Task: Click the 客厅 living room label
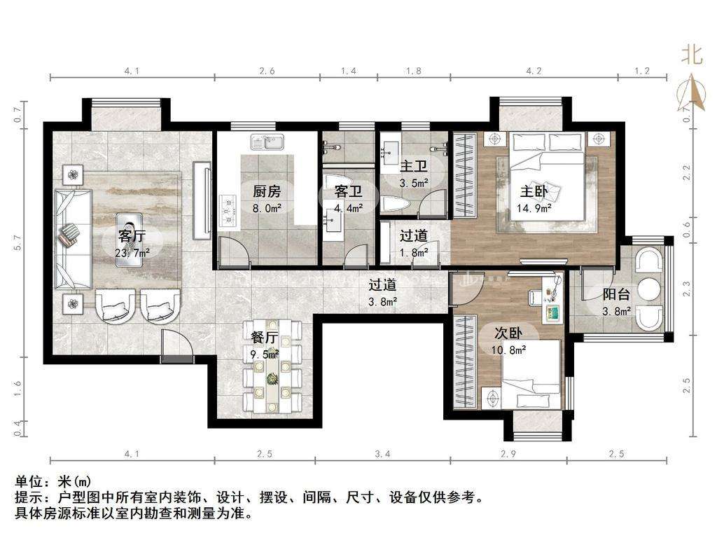click(x=132, y=236)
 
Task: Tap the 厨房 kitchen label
click(x=267, y=191)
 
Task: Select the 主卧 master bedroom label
click(x=534, y=191)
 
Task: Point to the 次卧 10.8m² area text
click(x=508, y=350)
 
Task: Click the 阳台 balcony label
click(x=616, y=294)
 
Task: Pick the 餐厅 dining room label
click(x=264, y=338)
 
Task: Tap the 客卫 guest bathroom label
click(x=348, y=191)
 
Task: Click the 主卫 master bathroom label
click(x=413, y=166)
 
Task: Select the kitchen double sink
click(x=267, y=142)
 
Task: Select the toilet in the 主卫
click(x=391, y=203)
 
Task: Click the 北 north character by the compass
click(x=691, y=55)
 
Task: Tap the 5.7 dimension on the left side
click(x=18, y=242)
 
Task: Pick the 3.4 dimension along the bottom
click(x=383, y=454)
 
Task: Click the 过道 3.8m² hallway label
click(x=383, y=292)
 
